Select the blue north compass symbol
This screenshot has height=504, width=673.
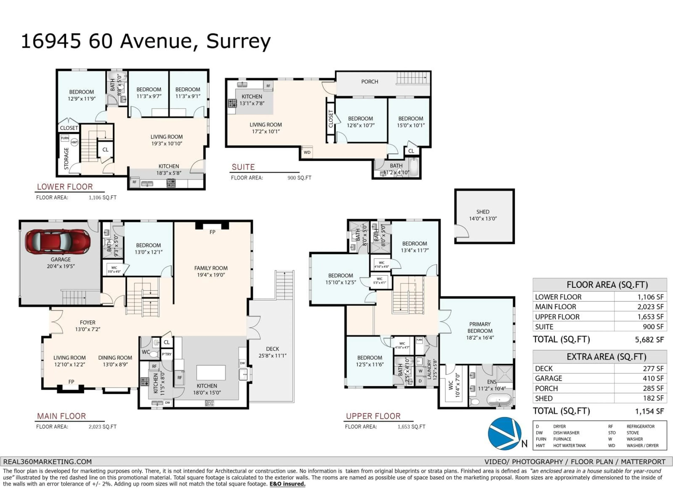point(504,433)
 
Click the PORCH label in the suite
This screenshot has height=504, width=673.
point(369,82)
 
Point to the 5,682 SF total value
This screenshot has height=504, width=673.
point(649,340)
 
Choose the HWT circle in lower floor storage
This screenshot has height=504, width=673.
point(74,142)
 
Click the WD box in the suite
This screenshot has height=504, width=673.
point(307,152)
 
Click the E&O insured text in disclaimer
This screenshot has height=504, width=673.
point(287,484)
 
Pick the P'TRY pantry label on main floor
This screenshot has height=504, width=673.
point(167,354)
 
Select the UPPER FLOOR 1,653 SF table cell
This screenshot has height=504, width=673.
point(650,317)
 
